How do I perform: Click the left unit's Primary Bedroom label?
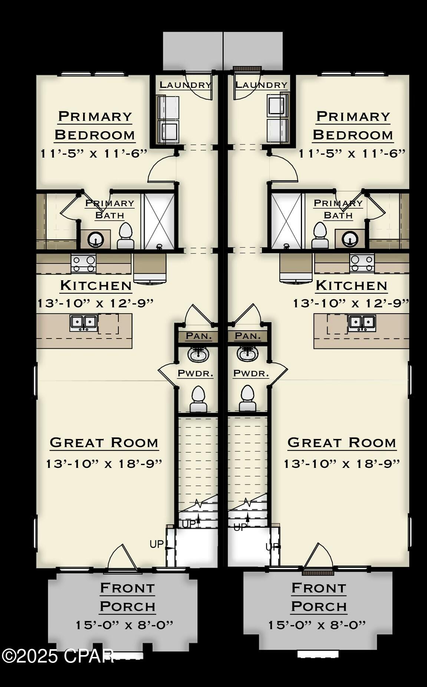click(x=95, y=125)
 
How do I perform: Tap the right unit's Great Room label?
click(x=342, y=442)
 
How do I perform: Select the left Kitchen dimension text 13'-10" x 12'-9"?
click(x=96, y=303)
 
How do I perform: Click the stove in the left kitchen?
click(x=83, y=264)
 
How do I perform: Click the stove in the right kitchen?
click(x=362, y=264)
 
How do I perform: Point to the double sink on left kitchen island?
click(x=84, y=323)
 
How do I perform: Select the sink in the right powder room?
click(x=247, y=354)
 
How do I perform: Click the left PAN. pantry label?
click(x=199, y=336)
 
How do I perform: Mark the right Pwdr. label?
click(x=251, y=373)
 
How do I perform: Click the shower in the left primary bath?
click(x=159, y=221)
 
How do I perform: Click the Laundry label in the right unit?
click(x=262, y=85)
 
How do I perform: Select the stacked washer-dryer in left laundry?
click(x=168, y=119)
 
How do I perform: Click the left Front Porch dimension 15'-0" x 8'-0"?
click(x=125, y=625)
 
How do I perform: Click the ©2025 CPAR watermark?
click(x=58, y=656)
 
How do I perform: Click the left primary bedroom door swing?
click(x=162, y=169)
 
